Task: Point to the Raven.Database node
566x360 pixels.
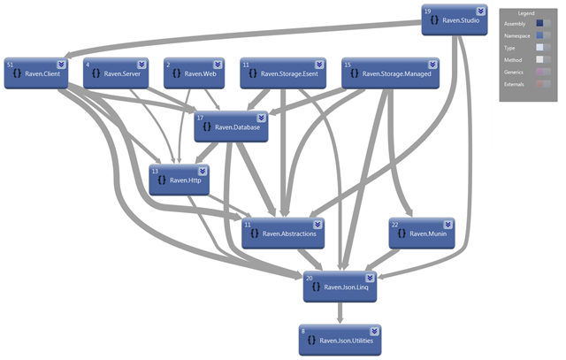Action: point(231,127)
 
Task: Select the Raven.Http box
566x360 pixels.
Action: point(180,180)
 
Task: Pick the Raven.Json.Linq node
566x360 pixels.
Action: point(340,287)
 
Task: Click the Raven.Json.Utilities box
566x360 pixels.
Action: point(340,340)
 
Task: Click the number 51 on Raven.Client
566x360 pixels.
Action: point(10,65)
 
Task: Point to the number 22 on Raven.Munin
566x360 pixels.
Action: point(394,224)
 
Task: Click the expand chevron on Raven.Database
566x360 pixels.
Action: point(261,117)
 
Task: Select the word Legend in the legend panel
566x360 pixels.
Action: point(526,14)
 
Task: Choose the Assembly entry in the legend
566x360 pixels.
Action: point(515,24)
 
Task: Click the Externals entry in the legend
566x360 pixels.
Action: point(515,82)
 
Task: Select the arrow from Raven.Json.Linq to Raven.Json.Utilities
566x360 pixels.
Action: point(340,312)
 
